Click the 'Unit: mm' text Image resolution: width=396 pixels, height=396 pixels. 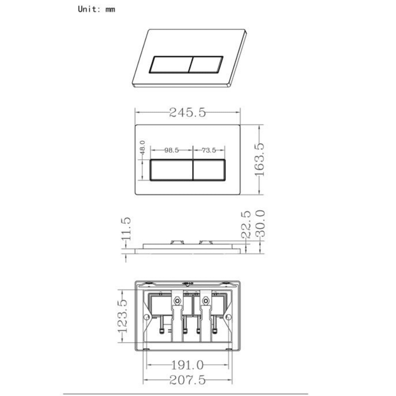click(x=97, y=9)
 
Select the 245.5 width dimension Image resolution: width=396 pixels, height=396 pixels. click(x=188, y=112)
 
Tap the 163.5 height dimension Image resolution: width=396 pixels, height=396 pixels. click(x=259, y=159)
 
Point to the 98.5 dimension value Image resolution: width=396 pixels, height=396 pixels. click(x=171, y=150)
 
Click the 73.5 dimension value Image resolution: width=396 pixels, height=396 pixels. click(x=209, y=150)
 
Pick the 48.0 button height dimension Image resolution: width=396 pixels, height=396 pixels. click(x=143, y=148)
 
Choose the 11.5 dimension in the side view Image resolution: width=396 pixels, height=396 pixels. click(x=126, y=229)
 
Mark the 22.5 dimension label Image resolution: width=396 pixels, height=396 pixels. click(x=246, y=225)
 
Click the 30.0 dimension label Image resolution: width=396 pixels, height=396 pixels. click(x=260, y=224)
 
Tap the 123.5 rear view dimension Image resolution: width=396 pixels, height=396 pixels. click(x=122, y=316)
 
